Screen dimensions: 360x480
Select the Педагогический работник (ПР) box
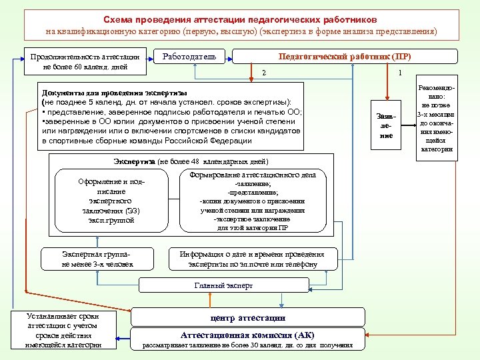coord(340,57)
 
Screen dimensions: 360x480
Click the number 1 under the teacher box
coord(399,73)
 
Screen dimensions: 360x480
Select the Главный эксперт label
coord(223,285)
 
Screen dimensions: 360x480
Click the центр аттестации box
coord(247,317)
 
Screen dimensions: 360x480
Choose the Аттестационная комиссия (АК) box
coord(247,335)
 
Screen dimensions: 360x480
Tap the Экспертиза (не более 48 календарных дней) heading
coord(191,161)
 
